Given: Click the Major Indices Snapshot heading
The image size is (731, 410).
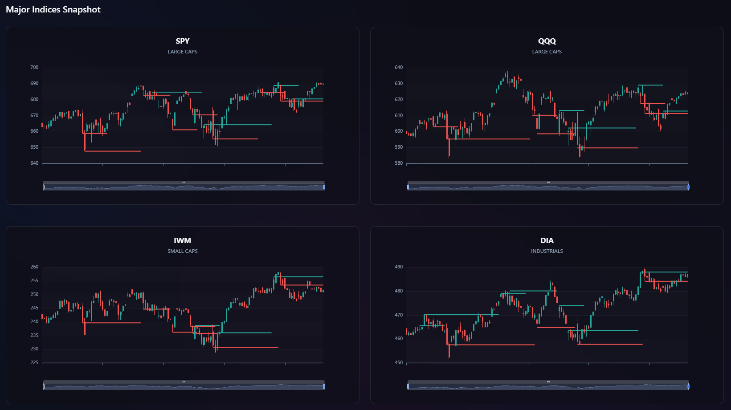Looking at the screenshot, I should click(x=53, y=10).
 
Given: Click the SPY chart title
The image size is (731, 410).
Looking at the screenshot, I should click(x=183, y=41).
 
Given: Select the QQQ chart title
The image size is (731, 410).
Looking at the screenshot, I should click(x=547, y=41).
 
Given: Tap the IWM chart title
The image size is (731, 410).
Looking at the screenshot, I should click(x=183, y=240).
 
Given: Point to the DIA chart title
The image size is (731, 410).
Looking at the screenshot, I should click(x=547, y=240).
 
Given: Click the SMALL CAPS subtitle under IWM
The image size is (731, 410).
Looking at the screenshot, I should click(x=183, y=251).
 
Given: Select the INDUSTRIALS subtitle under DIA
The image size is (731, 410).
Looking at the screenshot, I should click(x=547, y=251).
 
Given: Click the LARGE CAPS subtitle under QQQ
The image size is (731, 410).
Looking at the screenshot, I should click(x=547, y=52).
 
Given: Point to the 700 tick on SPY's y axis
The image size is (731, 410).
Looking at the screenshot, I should click(x=34, y=68).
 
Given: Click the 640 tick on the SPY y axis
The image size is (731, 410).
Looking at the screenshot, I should click(x=34, y=163).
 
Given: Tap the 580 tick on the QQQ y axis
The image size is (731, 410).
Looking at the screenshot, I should click(x=399, y=163).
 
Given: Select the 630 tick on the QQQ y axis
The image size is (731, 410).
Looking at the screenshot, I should click(x=399, y=84).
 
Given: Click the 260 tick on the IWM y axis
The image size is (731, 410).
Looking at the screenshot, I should click(x=34, y=267).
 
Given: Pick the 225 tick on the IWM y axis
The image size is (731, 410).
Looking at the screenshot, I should click(x=34, y=363).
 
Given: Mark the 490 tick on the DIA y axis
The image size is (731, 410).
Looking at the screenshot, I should click(x=399, y=267).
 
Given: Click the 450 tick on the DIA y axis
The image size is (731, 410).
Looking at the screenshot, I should click(x=399, y=363).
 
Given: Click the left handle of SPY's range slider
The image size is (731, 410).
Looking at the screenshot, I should click(x=44, y=187).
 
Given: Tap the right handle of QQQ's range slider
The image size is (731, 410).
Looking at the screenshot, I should click(x=688, y=187).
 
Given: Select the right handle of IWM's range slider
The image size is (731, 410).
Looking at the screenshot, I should click(x=324, y=386).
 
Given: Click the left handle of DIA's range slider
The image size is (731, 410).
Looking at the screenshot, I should click(x=408, y=386).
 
